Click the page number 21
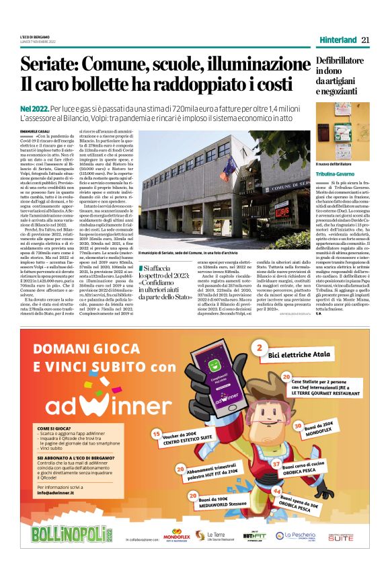pos(365,39)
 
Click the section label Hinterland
pos(337,39)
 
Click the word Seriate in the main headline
pos(48,65)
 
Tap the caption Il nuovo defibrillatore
pos(335,163)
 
